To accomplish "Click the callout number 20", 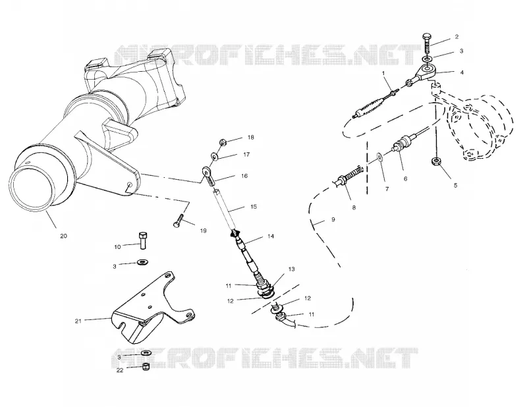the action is pyautogui.click(x=63, y=236).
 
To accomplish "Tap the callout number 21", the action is pyautogui.click(x=78, y=321).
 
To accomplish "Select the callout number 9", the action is pyautogui.click(x=333, y=219).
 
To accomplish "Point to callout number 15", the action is pyautogui.click(x=254, y=206).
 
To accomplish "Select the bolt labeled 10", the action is pyautogui.click(x=143, y=240).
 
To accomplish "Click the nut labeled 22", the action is pyautogui.click(x=146, y=366).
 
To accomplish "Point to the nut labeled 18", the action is pyautogui.click(x=223, y=142).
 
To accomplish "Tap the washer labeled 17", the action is pyautogui.click(x=214, y=156).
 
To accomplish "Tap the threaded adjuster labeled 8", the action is pyautogui.click(x=350, y=175).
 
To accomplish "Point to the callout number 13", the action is pyautogui.click(x=291, y=269).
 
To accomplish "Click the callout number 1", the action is pyautogui.click(x=383, y=73).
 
